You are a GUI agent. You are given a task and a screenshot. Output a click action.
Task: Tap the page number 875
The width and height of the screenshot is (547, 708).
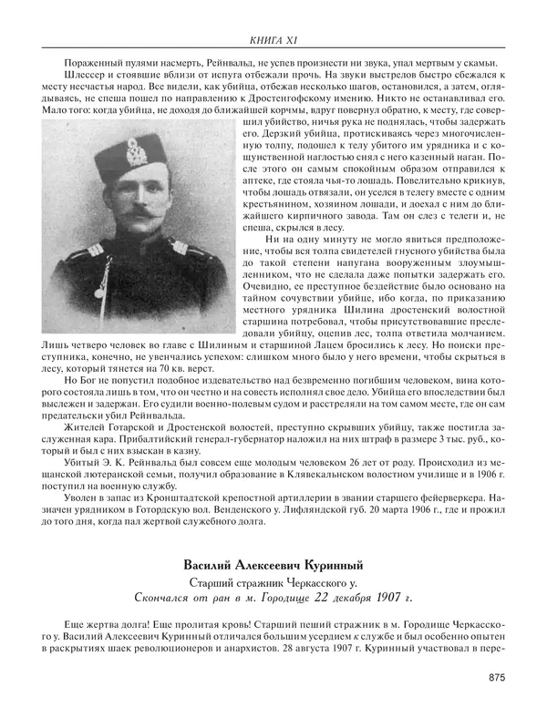497,677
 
